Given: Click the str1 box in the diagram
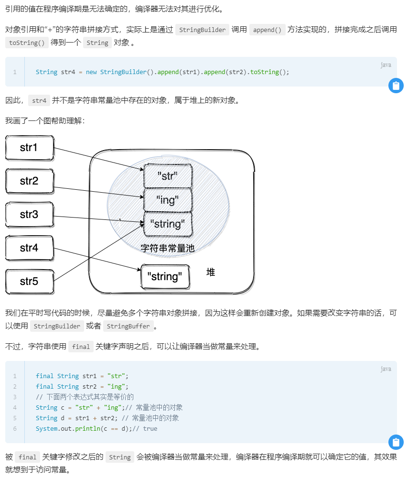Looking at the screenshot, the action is pyautogui.click(x=29, y=148).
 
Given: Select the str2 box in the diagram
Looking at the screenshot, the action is pyautogui.click(x=29, y=181).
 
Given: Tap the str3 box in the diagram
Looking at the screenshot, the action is pyautogui.click(x=29, y=215).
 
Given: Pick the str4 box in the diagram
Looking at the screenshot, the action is pyautogui.click(x=29, y=248).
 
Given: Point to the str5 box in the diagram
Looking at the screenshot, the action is pyautogui.click(x=29, y=282).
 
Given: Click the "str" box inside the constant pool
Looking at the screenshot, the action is pyautogui.click(x=168, y=176).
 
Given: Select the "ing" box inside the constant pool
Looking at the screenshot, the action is pyautogui.click(x=168, y=200).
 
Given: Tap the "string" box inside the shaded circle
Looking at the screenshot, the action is pyautogui.click(x=168, y=224).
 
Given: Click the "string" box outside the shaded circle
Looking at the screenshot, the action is pyautogui.click(x=165, y=276).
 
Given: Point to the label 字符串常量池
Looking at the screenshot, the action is pyautogui.click(x=168, y=249).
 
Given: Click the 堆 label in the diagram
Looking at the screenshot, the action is pyautogui.click(x=211, y=272).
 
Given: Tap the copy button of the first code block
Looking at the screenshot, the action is pyautogui.click(x=396, y=86).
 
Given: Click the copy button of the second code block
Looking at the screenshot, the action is pyautogui.click(x=396, y=442).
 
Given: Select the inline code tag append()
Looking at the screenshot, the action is pyautogui.click(x=267, y=30).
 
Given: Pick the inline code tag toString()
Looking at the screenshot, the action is pyautogui.click(x=29, y=43).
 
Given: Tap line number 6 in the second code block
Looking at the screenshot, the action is pyautogui.click(x=15, y=428).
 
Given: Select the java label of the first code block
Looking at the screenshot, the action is pyautogui.click(x=386, y=65).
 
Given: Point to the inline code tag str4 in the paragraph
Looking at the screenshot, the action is pyautogui.click(x=39, y=100).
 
